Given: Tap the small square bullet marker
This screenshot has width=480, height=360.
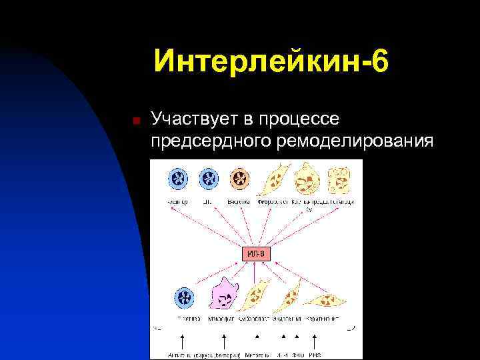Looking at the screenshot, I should coord(135,121).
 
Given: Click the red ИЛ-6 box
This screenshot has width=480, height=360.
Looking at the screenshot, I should coord(256,254).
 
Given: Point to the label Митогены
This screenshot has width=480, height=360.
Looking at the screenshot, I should coord(257,354).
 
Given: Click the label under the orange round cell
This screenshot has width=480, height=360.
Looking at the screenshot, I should coord(238,201).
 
